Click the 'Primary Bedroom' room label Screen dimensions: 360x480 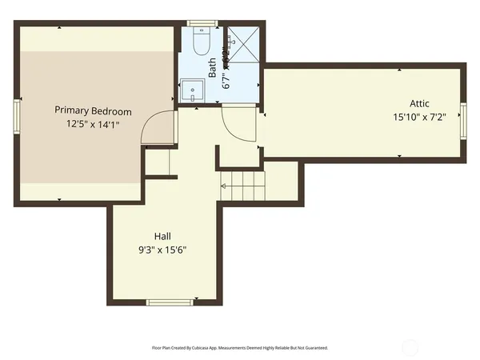point(93,111)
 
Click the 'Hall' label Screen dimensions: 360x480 point(162,236)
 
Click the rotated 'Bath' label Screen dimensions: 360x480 point(213,66)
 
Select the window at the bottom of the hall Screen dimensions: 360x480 point(170,302)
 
